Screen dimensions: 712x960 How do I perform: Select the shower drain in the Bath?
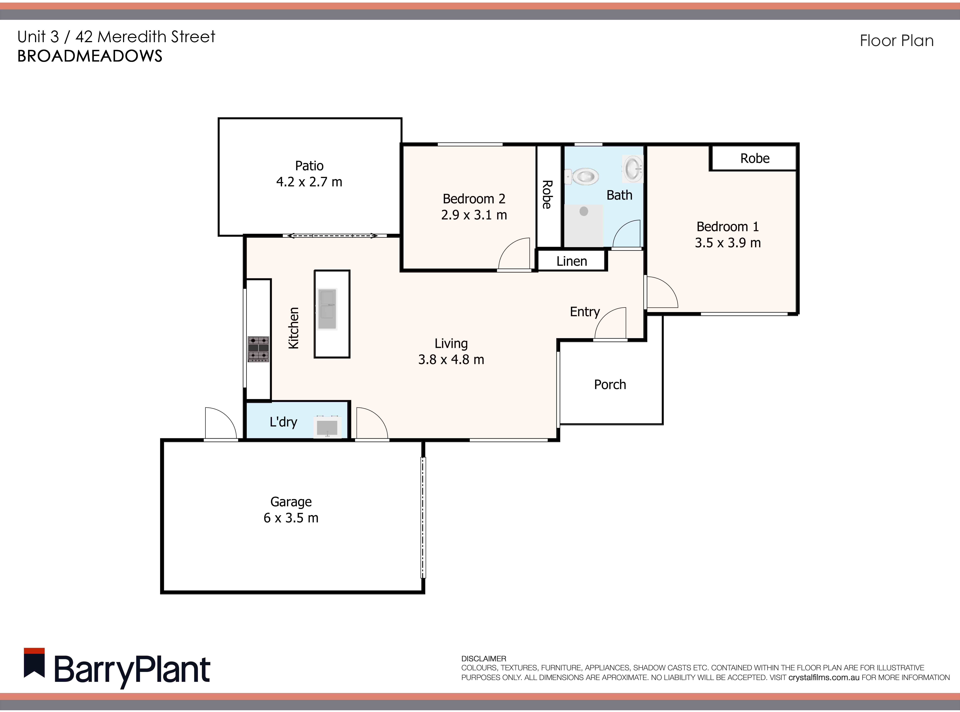(x=584, y=211)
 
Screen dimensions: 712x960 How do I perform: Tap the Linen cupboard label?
(x=572, y=261)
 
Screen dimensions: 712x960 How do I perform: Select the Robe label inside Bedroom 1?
(x=755, y=159)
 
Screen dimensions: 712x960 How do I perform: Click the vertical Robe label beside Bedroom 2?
(x=547, y=195)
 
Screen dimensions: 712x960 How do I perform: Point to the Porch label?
(x=610, y=384)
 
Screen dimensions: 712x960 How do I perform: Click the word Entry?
(x=585, y=312)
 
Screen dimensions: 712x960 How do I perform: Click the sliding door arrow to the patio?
(x=332, y=236)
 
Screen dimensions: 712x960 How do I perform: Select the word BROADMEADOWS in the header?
(x=90, y=56)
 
